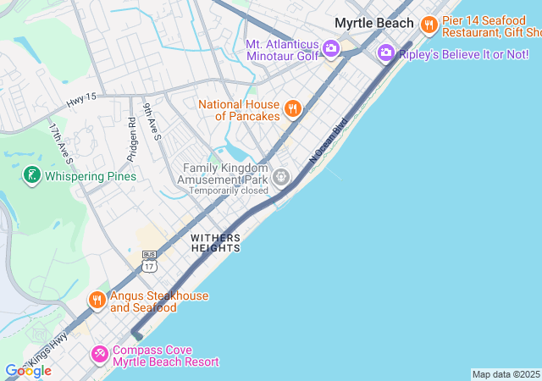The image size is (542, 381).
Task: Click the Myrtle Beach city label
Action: (374, 23)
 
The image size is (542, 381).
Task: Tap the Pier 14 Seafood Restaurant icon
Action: (429, 25)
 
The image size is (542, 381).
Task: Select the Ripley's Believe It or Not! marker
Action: (386, 53)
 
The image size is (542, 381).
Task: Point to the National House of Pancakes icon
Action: (292, 108)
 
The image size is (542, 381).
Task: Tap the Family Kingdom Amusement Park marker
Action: (280, 176)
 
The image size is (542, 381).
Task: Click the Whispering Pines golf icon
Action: (31, 176)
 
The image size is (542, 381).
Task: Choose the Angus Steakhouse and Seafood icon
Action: (97, 300)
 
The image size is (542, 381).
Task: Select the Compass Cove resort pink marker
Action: (100, 353)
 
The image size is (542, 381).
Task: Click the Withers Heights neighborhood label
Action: (215, 243)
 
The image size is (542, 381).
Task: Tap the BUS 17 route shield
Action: (150, 262)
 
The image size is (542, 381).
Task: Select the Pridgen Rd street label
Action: (132, 133)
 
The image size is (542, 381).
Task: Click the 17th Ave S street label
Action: (60, 143)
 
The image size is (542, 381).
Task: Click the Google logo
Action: (28, 370)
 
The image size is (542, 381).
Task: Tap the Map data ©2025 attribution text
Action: (506, 374)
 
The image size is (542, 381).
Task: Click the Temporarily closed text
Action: (229, 190)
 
